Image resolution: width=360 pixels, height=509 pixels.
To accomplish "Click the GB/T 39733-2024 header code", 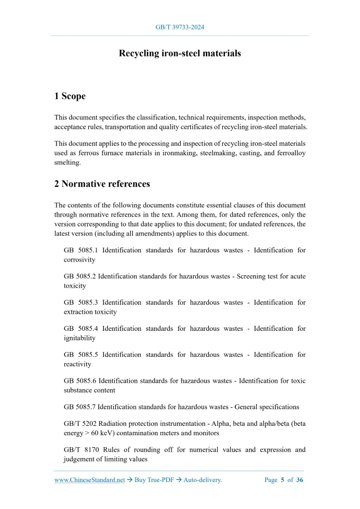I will click(180, 27).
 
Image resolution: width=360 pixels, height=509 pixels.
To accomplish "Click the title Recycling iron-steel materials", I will click(180, 53).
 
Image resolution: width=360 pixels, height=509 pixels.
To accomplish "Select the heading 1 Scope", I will click(70, 96).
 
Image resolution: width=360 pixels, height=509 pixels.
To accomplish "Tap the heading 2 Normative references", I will click(102, 184).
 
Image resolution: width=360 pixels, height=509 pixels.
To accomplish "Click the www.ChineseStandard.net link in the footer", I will click(89, 480).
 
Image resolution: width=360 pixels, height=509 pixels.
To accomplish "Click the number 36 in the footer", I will click(300, 480).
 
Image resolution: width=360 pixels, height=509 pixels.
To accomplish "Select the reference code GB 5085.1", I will click(81, 250).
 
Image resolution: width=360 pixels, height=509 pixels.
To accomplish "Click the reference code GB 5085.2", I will click(80, 276).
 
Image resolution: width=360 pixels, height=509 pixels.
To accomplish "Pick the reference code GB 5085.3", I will click(81, 302).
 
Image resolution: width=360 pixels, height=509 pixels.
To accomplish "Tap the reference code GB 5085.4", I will click(81, 328).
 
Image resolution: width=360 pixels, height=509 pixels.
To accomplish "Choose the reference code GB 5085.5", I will click(81, 354).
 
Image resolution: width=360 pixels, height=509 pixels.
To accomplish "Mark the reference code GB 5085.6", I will click(80, 381).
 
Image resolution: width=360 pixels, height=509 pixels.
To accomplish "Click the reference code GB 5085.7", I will click(80, 407).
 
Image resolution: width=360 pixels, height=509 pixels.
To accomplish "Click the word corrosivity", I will click(79, 260).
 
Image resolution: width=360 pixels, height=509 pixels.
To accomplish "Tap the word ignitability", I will click(79, 338).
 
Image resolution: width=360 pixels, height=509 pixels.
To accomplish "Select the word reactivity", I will click(77, 364).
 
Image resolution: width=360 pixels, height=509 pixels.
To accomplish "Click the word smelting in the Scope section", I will click(68, 162).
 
